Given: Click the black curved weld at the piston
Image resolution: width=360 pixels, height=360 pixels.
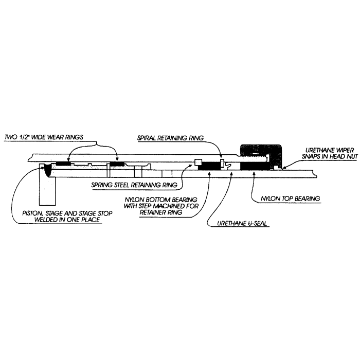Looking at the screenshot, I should coord(47,170).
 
